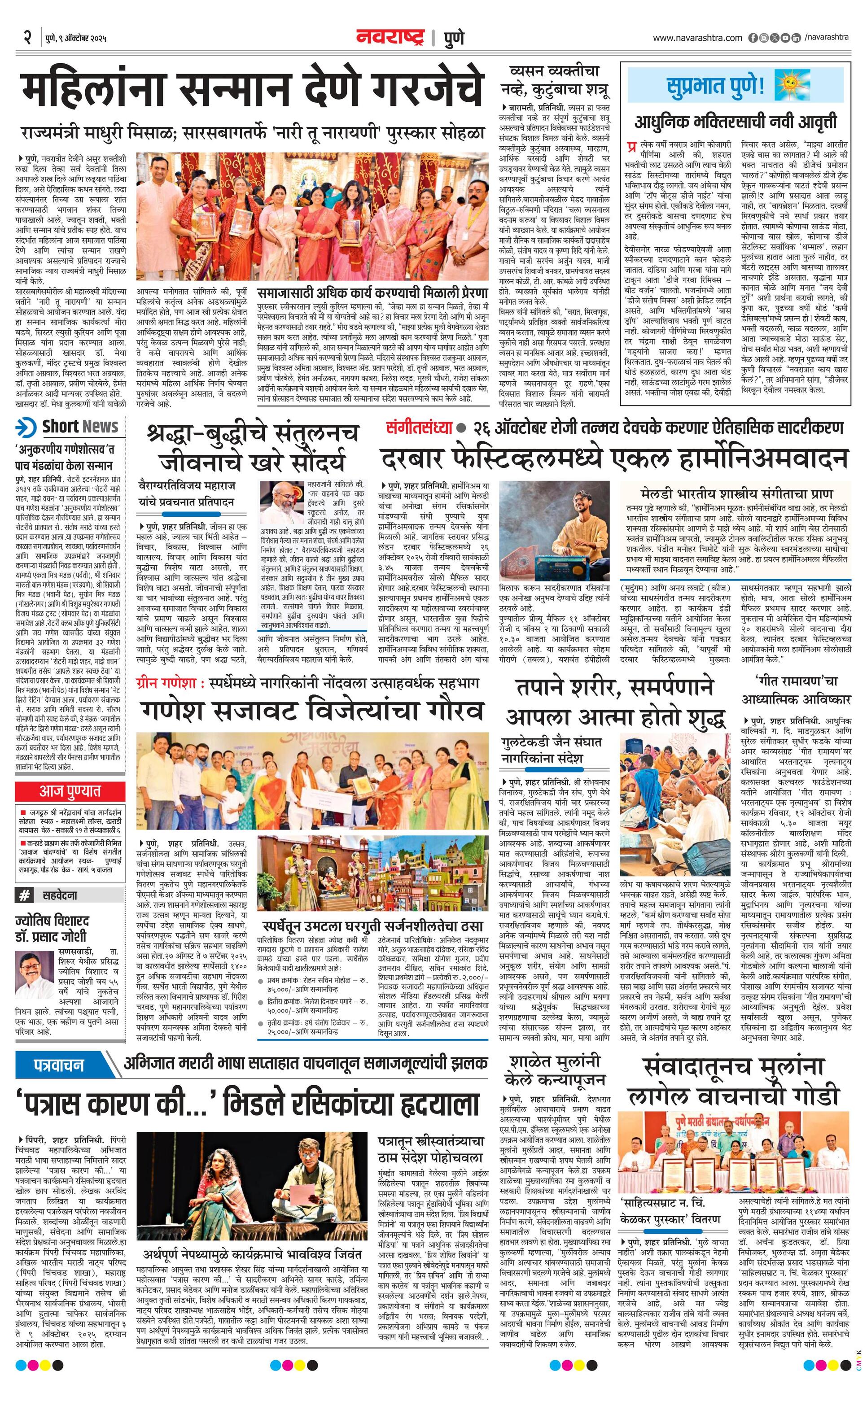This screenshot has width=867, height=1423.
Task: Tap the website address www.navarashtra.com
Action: [x=697, y=38]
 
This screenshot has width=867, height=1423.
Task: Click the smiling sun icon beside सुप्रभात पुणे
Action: [x=790, y=86]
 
